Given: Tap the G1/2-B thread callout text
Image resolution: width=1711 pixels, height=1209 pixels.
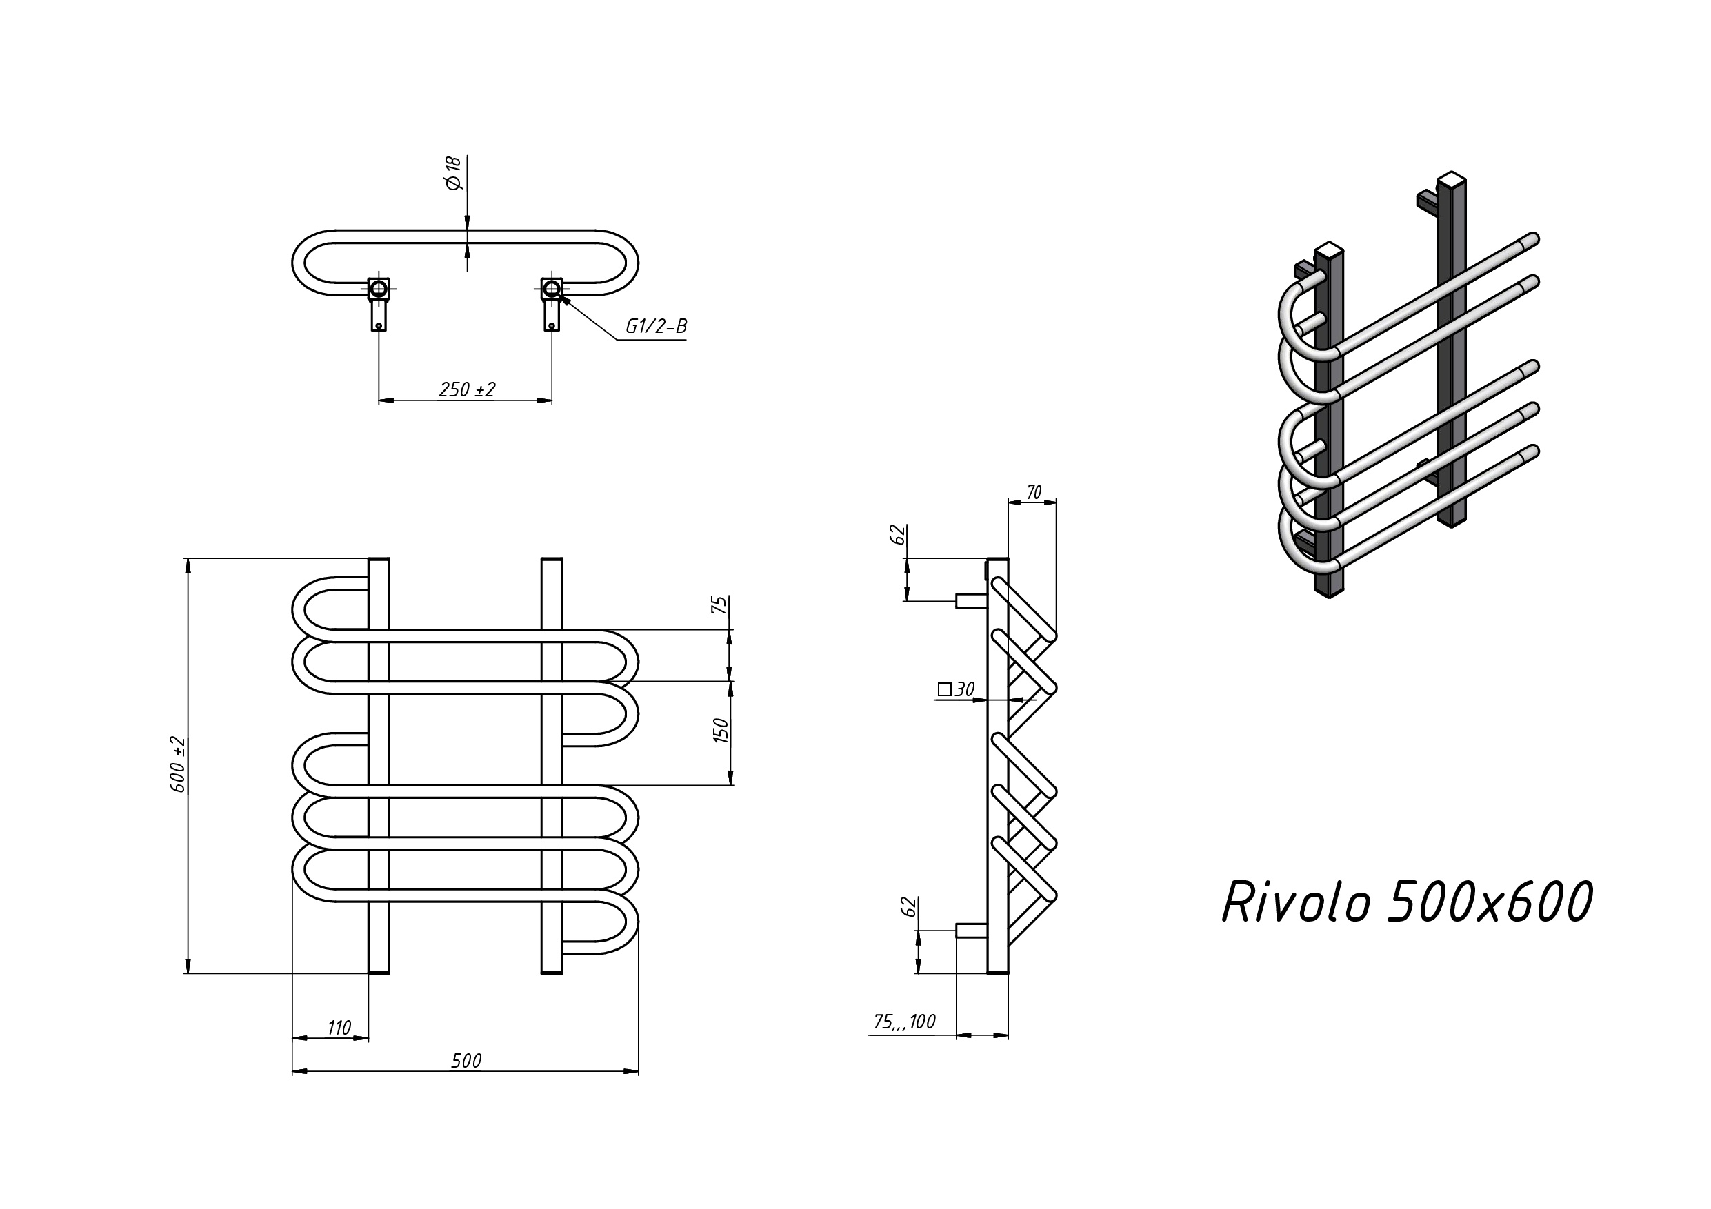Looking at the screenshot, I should click(x=656, y=326).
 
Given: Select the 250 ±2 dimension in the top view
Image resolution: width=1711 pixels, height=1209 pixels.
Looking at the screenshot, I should click(x=466, y=389).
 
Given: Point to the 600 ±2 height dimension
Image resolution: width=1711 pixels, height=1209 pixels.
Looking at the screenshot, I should click(x=179, y=764).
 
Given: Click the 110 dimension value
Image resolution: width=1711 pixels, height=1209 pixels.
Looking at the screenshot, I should click(x=339, y=1028).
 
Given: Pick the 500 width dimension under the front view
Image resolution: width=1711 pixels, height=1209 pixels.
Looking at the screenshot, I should click(x=466, y=1061).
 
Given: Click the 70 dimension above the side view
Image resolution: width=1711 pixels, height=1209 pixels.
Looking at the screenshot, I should click(x=1034, y=492).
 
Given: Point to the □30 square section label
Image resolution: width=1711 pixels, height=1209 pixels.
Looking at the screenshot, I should click(x=956, y=690).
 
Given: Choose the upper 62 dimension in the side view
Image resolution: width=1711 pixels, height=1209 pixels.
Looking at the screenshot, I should click(x=899, y=534).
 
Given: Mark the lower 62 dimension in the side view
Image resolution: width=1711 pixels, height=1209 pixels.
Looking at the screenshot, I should click(x=908, y=906).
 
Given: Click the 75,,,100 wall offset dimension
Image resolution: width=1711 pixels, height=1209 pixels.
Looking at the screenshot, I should click(x=904, y=1022).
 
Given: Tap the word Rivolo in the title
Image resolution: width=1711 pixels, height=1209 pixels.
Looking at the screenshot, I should click(x=1296, y=903).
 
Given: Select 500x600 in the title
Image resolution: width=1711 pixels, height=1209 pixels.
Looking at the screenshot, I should click(x=1489, y=903).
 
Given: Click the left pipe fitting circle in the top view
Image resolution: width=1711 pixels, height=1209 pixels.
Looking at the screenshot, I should click(x=379, y=288).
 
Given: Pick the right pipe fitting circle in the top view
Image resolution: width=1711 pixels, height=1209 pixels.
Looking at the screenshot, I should click(x=552, y=288).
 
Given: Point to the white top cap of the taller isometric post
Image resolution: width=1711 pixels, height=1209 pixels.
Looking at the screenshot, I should click(x=1452, y=179).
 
